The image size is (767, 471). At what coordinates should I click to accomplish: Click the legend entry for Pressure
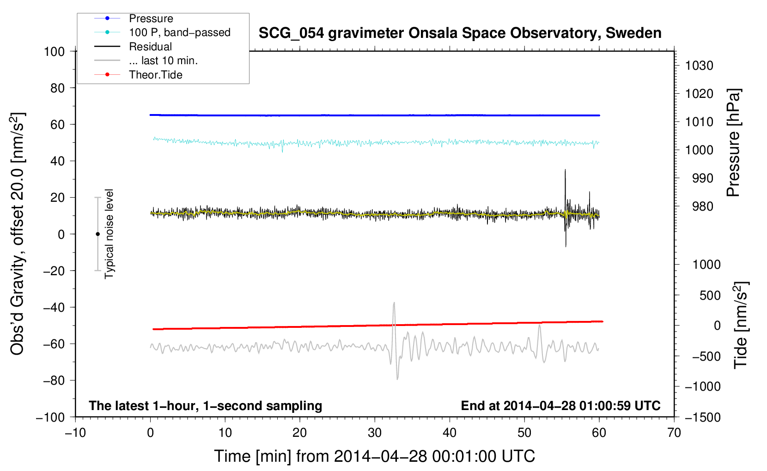coord(151,18)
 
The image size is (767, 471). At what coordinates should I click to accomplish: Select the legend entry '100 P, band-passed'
coord(179,32)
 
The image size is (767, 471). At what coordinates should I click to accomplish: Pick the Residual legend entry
coord(150,47)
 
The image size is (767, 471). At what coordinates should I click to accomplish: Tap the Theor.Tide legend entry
coord(155,75)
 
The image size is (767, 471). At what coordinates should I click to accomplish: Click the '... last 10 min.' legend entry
coord(163,60)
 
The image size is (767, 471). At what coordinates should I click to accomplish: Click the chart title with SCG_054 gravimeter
coord(460,33)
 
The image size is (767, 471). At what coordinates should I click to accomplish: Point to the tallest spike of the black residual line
coord(565,170)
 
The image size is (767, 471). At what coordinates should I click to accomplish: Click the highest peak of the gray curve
coord(394,303)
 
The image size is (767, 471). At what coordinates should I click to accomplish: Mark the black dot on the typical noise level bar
coord(97,234)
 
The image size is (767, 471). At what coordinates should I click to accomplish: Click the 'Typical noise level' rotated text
coord(109,234)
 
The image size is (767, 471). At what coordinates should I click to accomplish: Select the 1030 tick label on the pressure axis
coord(699,66)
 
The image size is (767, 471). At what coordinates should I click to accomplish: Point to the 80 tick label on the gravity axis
coord(57,88)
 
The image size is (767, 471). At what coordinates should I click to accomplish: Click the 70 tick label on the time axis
coord(674,433)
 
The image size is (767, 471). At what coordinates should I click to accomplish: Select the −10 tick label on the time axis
coord(75,433)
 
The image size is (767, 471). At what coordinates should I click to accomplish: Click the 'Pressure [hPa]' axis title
coord(733,143)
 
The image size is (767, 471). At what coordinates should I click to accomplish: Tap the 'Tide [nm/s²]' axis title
coord(741,325)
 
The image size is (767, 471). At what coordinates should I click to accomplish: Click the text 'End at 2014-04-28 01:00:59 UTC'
coord(560,405)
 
